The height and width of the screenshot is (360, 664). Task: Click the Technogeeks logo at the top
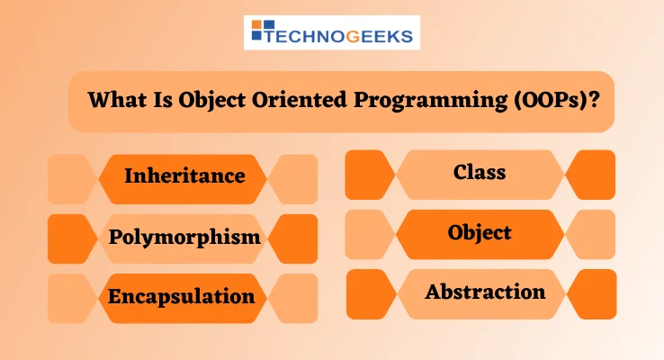331,33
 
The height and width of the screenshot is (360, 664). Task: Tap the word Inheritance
184,175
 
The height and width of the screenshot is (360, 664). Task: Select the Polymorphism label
184,238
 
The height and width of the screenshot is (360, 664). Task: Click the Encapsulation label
182,296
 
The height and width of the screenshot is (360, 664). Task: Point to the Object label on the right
480,232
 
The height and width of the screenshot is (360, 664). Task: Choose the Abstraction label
485,292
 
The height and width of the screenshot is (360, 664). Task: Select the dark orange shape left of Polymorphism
71,238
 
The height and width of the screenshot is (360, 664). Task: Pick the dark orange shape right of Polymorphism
295,238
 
